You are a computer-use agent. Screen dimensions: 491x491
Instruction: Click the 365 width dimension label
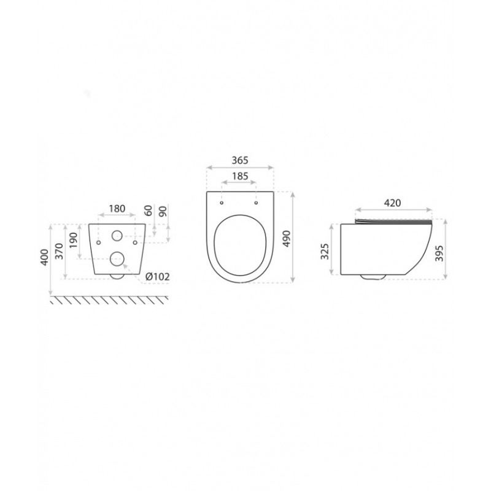240,160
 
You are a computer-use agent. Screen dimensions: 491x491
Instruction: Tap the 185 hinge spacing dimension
240,176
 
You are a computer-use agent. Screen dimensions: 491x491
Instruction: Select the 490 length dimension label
287,239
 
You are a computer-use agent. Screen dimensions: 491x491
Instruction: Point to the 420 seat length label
392,203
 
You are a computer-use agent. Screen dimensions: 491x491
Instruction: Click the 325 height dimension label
325,251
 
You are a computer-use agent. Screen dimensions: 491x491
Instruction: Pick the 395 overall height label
439,253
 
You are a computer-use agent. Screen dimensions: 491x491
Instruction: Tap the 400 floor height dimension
44,257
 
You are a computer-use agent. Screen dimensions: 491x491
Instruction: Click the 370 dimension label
59,251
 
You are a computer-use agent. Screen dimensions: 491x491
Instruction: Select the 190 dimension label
73,240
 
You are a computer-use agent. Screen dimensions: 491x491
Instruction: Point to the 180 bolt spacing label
117,209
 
